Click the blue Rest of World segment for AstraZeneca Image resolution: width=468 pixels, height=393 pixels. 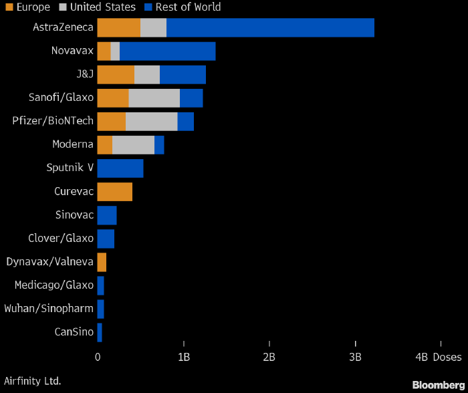(270, 27)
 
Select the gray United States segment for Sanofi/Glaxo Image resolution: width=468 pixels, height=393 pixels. (154, 98)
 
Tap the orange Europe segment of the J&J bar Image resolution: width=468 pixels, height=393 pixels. (116, 74)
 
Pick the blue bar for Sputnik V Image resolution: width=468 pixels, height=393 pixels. (120, 168)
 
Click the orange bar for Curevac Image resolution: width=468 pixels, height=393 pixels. (114, 192)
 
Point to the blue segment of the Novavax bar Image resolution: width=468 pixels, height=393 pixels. (167, 51)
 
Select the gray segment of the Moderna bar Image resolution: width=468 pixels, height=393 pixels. (133, 145)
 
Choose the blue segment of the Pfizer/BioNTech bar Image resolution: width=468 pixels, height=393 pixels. (185, 122)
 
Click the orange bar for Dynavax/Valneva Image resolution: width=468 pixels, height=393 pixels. (102, 262)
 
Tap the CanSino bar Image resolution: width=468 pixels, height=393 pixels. (100, 332)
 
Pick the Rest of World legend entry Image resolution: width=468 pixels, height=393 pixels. (183, 7)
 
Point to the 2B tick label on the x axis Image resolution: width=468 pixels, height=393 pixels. (269, 358)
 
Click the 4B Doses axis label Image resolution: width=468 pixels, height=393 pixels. (437, 358)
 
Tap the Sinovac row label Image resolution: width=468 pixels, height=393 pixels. (74, 215)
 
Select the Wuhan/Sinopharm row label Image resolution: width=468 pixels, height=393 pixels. (49, 309)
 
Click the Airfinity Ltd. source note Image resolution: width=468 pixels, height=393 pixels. (32, 381)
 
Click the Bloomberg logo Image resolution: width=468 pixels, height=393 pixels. (437, 385)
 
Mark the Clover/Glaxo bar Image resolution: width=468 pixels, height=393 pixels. (106, 239)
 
